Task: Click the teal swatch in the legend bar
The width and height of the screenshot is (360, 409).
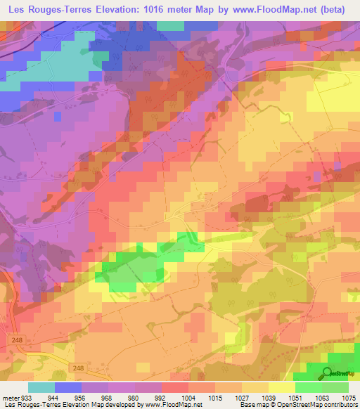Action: [41, 387]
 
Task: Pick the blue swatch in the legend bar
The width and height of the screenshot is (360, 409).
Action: [68, 387]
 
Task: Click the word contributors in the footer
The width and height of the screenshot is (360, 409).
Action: [340, 405]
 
